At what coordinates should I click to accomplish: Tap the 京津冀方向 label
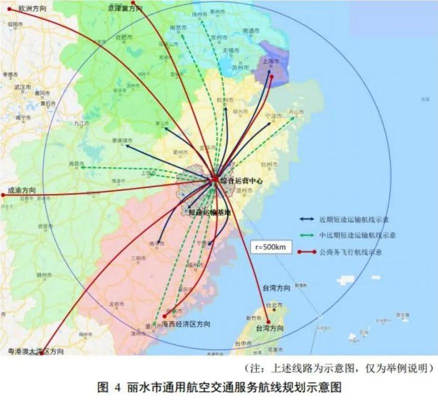(125, 8)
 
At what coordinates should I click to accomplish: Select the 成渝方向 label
(22, 190)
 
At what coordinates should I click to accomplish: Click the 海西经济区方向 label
(186, 324)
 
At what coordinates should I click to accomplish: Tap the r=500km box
(271, 247)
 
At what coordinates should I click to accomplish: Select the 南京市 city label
(178, 28)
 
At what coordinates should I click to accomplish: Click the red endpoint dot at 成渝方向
(3, 195)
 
